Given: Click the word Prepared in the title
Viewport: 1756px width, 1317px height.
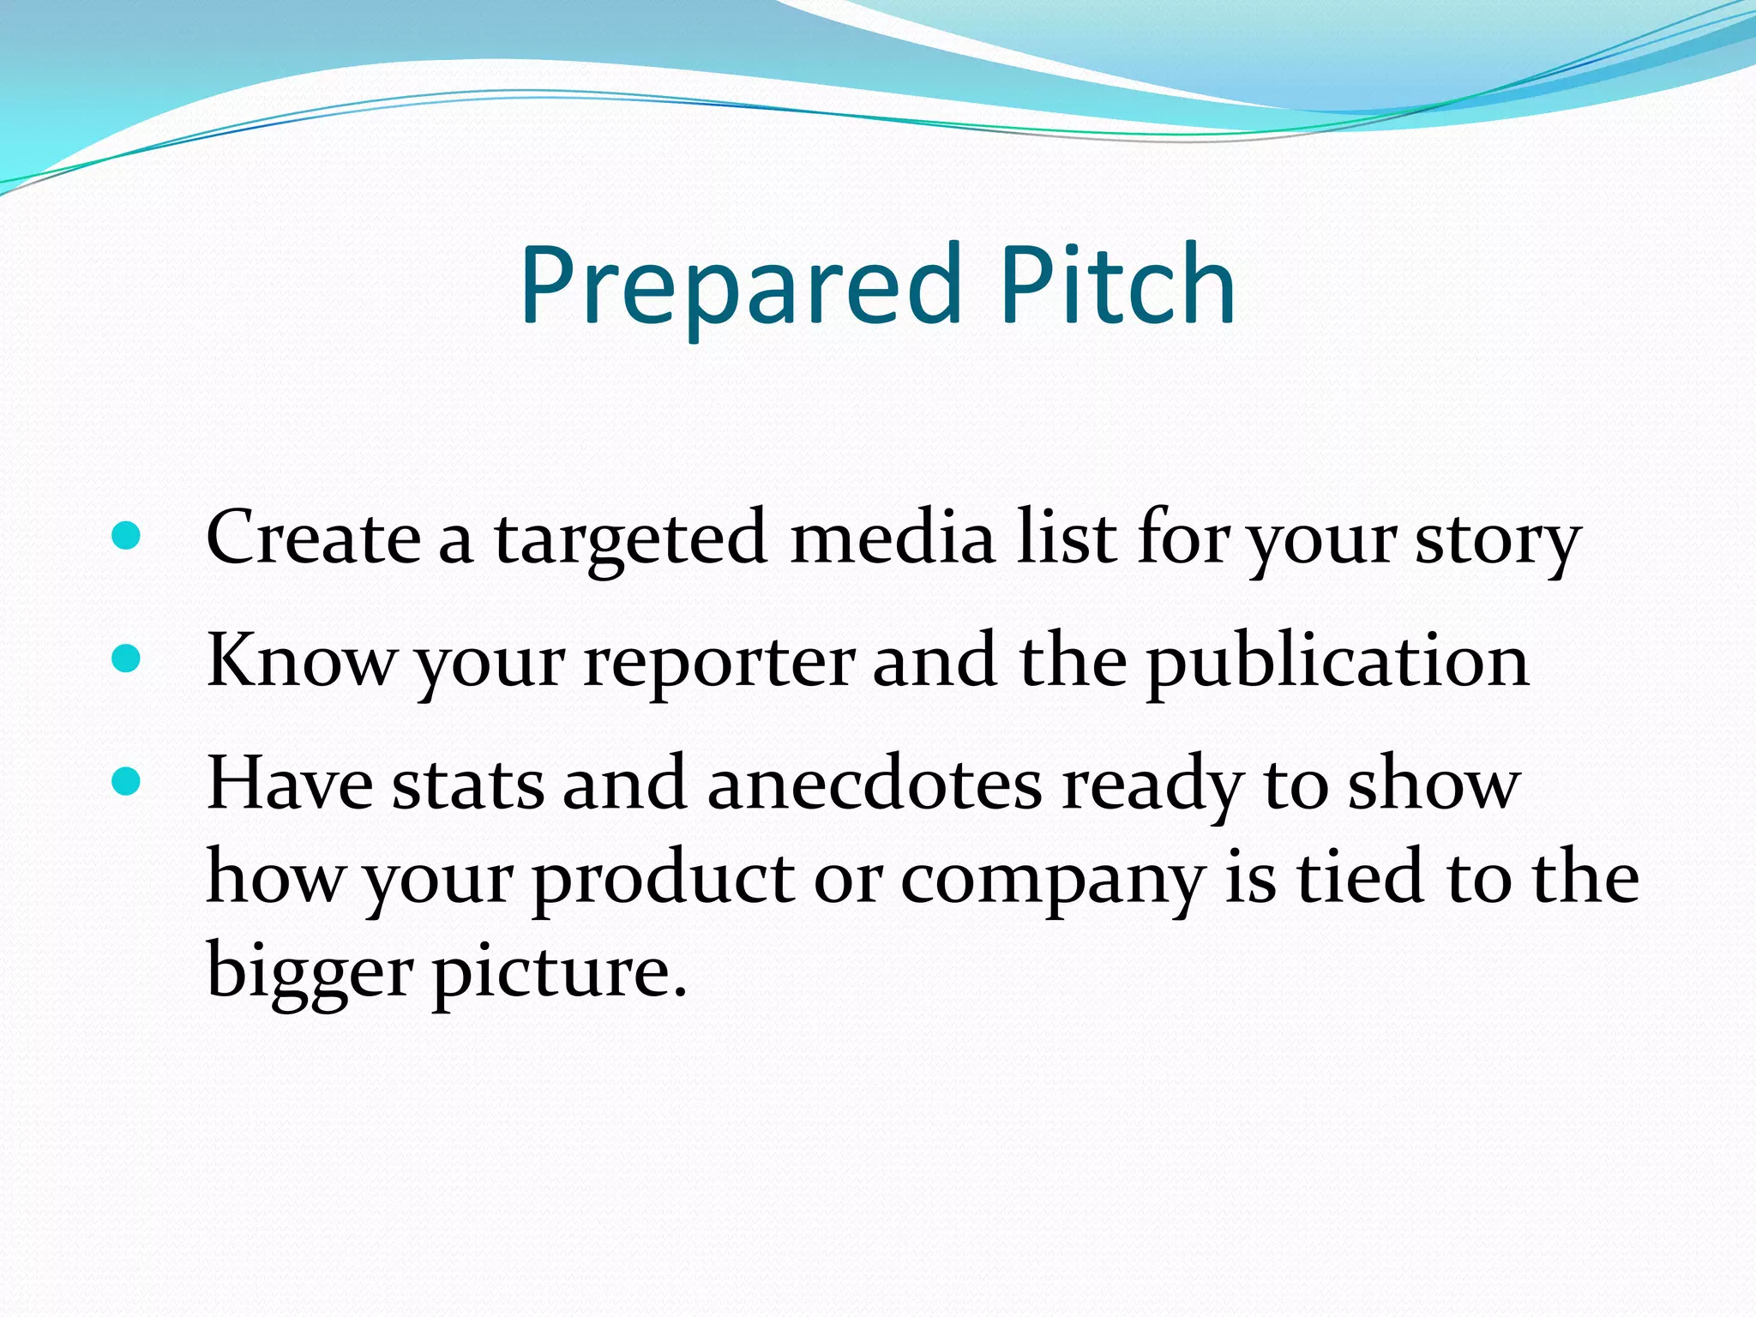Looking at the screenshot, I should pyautogui.click(x=741, y=287).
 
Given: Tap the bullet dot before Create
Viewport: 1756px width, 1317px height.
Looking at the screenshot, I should pyautogui.click(x=126, y=537).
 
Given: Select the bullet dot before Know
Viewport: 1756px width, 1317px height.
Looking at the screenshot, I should pyautogui.click(x=126, y=658).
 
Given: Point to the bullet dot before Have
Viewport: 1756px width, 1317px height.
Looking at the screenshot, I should pyautogui.click(x=126, y=781).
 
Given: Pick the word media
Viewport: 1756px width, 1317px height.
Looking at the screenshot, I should pyautogui.click(x=892, y=537).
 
